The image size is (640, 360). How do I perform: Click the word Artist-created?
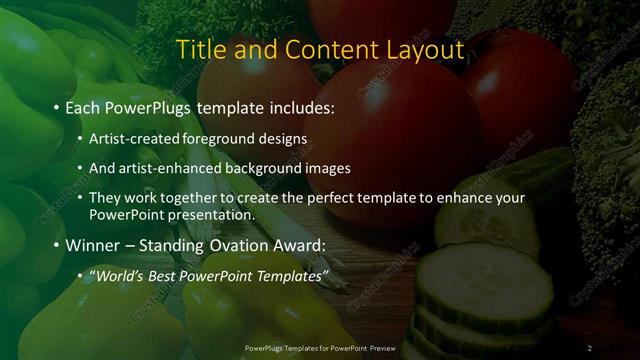[x=129, y=138]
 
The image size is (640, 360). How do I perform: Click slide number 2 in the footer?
[x=590, y=347]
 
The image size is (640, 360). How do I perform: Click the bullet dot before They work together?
[x=79, y=199]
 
